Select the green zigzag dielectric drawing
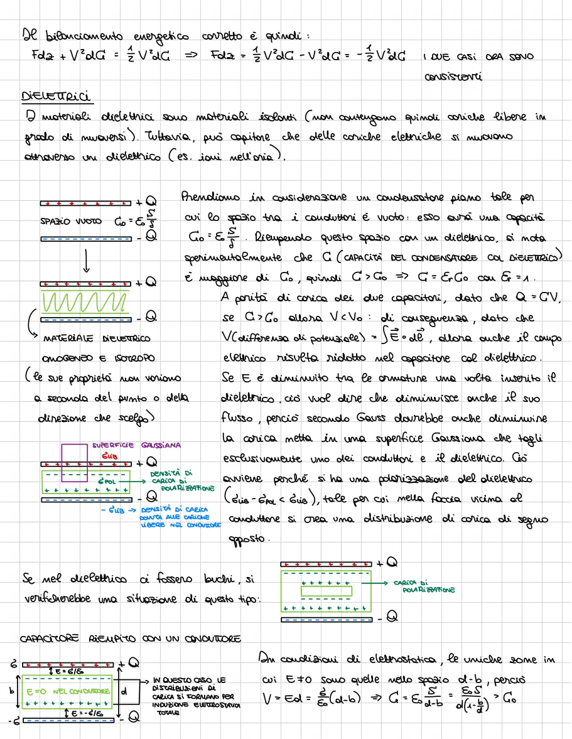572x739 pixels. click(x=86, y=303)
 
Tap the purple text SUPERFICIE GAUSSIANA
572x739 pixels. click(x=136, y=445)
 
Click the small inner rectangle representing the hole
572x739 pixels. click(x=326, y=591)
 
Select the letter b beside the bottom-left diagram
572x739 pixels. click(x=10, y=691)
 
